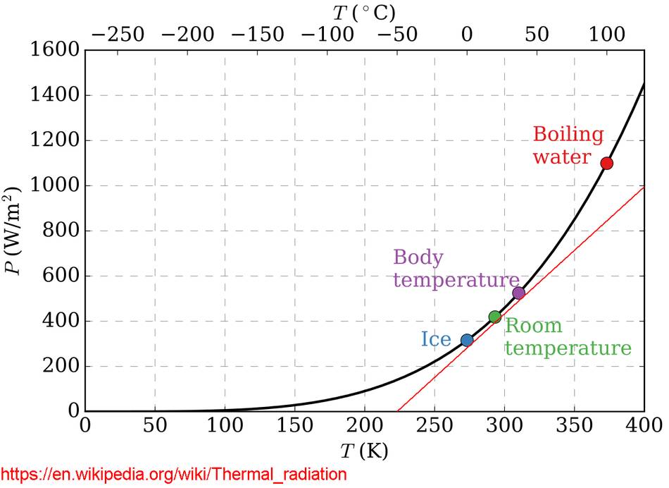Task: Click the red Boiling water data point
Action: pos(606,163)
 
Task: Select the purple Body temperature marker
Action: pos(518,293)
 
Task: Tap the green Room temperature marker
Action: pos(494,317)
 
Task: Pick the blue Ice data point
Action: pos(466,340)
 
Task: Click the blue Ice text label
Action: pos(435,339)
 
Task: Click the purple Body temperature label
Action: pos(456,269)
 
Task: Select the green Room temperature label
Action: pos(567,337)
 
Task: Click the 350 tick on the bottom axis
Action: pos(574,425)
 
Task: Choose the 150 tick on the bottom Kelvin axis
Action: pos(294,425)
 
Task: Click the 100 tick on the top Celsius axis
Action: pos(606,35)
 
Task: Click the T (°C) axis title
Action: pos(364,12)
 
